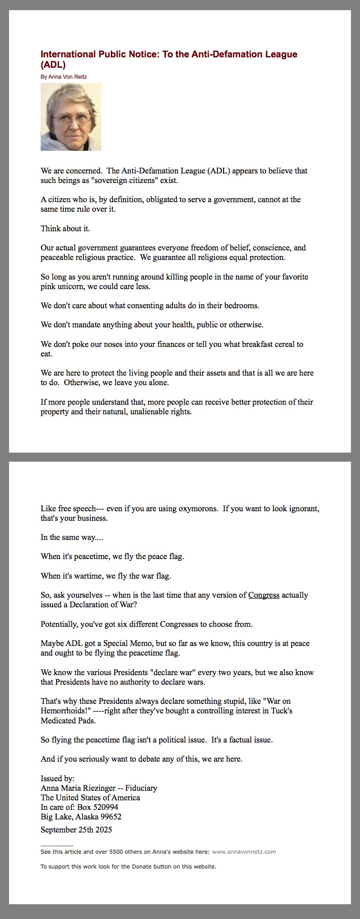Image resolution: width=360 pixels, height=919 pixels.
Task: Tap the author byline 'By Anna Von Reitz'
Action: (63, 77)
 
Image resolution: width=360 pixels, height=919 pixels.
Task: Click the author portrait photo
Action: (71, 117)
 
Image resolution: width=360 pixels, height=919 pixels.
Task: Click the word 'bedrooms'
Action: (241, 305)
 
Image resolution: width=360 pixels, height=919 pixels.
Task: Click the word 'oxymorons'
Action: (198, 509)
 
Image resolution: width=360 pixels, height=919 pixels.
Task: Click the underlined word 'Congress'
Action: (263, 595)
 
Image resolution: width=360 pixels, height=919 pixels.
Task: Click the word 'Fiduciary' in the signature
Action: (141, 788)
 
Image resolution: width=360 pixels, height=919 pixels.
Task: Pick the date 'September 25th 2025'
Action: (77, 829)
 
